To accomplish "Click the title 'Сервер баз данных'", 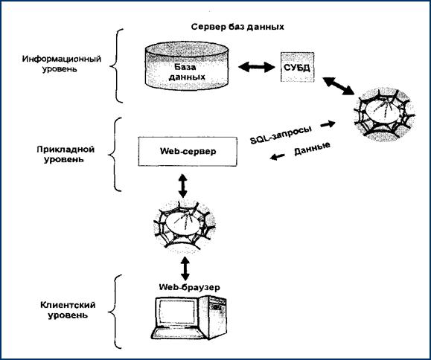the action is click(237, 27).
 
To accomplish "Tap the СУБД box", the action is click(297, 67).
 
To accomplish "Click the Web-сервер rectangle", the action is click(188, 151).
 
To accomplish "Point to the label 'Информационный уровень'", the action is click(62, 64).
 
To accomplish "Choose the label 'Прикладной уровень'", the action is click(66, 154).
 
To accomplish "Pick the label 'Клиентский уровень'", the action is click(68, 309).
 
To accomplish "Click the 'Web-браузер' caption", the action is click(190, 287).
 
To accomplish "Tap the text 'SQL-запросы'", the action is click(281, 135).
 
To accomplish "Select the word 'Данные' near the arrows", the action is click(312, 149).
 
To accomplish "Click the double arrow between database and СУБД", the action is click(257, 67).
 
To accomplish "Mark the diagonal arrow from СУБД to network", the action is click(338, 86).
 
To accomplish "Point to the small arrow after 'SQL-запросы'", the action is click(328, 124).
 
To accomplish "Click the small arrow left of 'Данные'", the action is click(278, 157).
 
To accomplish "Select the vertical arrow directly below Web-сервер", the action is click(182, 185).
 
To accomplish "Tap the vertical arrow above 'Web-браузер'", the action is click(185, 269).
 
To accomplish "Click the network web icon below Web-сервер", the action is click(184, 226).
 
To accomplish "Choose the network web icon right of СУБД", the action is click(384, 115).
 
